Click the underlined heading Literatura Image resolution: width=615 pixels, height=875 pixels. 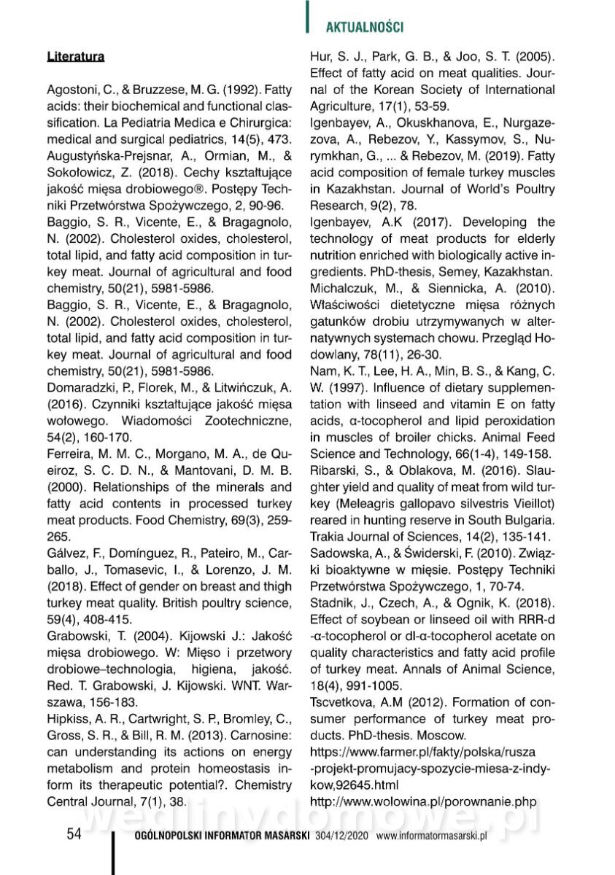click(75, 56)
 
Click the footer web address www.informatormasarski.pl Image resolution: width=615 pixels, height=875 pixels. click(431, 836)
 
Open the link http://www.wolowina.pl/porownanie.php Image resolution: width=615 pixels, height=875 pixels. click(428, 801)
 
